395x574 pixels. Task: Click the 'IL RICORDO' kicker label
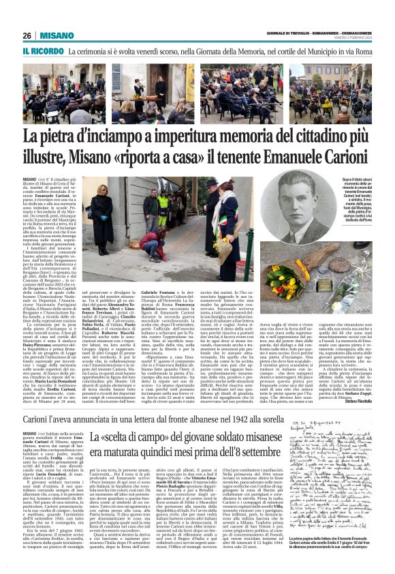(x=43, y=51)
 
